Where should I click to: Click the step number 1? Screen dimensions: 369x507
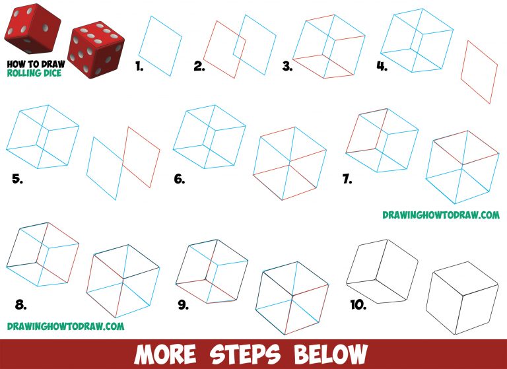[x=139, y=66]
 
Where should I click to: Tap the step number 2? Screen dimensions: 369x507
[x=199, y=66]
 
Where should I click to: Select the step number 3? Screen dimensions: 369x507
[x=287, y=66]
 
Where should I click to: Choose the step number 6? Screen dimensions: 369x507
[x=180, y=178]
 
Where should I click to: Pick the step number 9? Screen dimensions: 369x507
[x=183, y=305]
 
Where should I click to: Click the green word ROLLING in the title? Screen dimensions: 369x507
[x=25, y=73]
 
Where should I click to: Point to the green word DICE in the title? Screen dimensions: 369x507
[x=52, y=73]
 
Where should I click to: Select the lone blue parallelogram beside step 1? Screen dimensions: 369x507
[x=161, y=46]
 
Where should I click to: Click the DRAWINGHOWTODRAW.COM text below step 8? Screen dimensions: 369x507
[x=65, y=326]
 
